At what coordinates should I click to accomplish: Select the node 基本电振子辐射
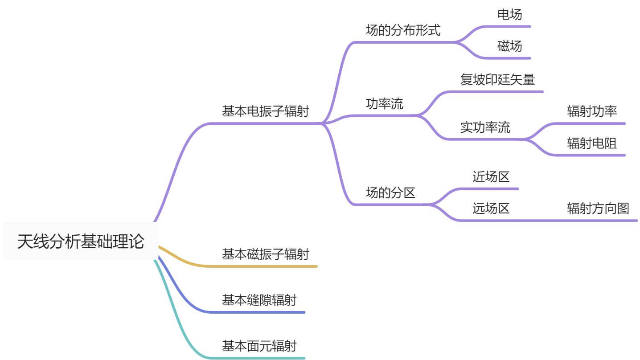tap(265, 111)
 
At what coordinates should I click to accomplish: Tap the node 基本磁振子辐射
tap(265, 254)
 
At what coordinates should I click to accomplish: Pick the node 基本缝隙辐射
tap(259, 300)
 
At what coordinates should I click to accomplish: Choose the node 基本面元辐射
tap(259, 345)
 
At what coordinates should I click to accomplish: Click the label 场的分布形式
tap(403, 30)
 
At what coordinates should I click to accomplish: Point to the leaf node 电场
tap(509, 14)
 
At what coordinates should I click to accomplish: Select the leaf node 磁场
tap(509, 46)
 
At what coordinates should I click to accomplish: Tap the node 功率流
tap(384, 104)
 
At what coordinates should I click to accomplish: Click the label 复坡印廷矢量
tap(497, 80)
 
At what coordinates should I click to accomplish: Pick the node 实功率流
tap(485, 127)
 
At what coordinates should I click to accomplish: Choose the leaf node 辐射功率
tap(592, 111)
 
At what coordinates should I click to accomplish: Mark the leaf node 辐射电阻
tap(592, 143)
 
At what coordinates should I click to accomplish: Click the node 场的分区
tap(390, 193)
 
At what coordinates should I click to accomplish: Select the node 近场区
tap(491, 177)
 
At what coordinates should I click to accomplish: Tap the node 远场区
tap(491, 208)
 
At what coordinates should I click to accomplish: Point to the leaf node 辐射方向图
tap(598, 208)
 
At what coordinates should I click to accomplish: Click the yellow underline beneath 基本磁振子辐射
tap(267, 266)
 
